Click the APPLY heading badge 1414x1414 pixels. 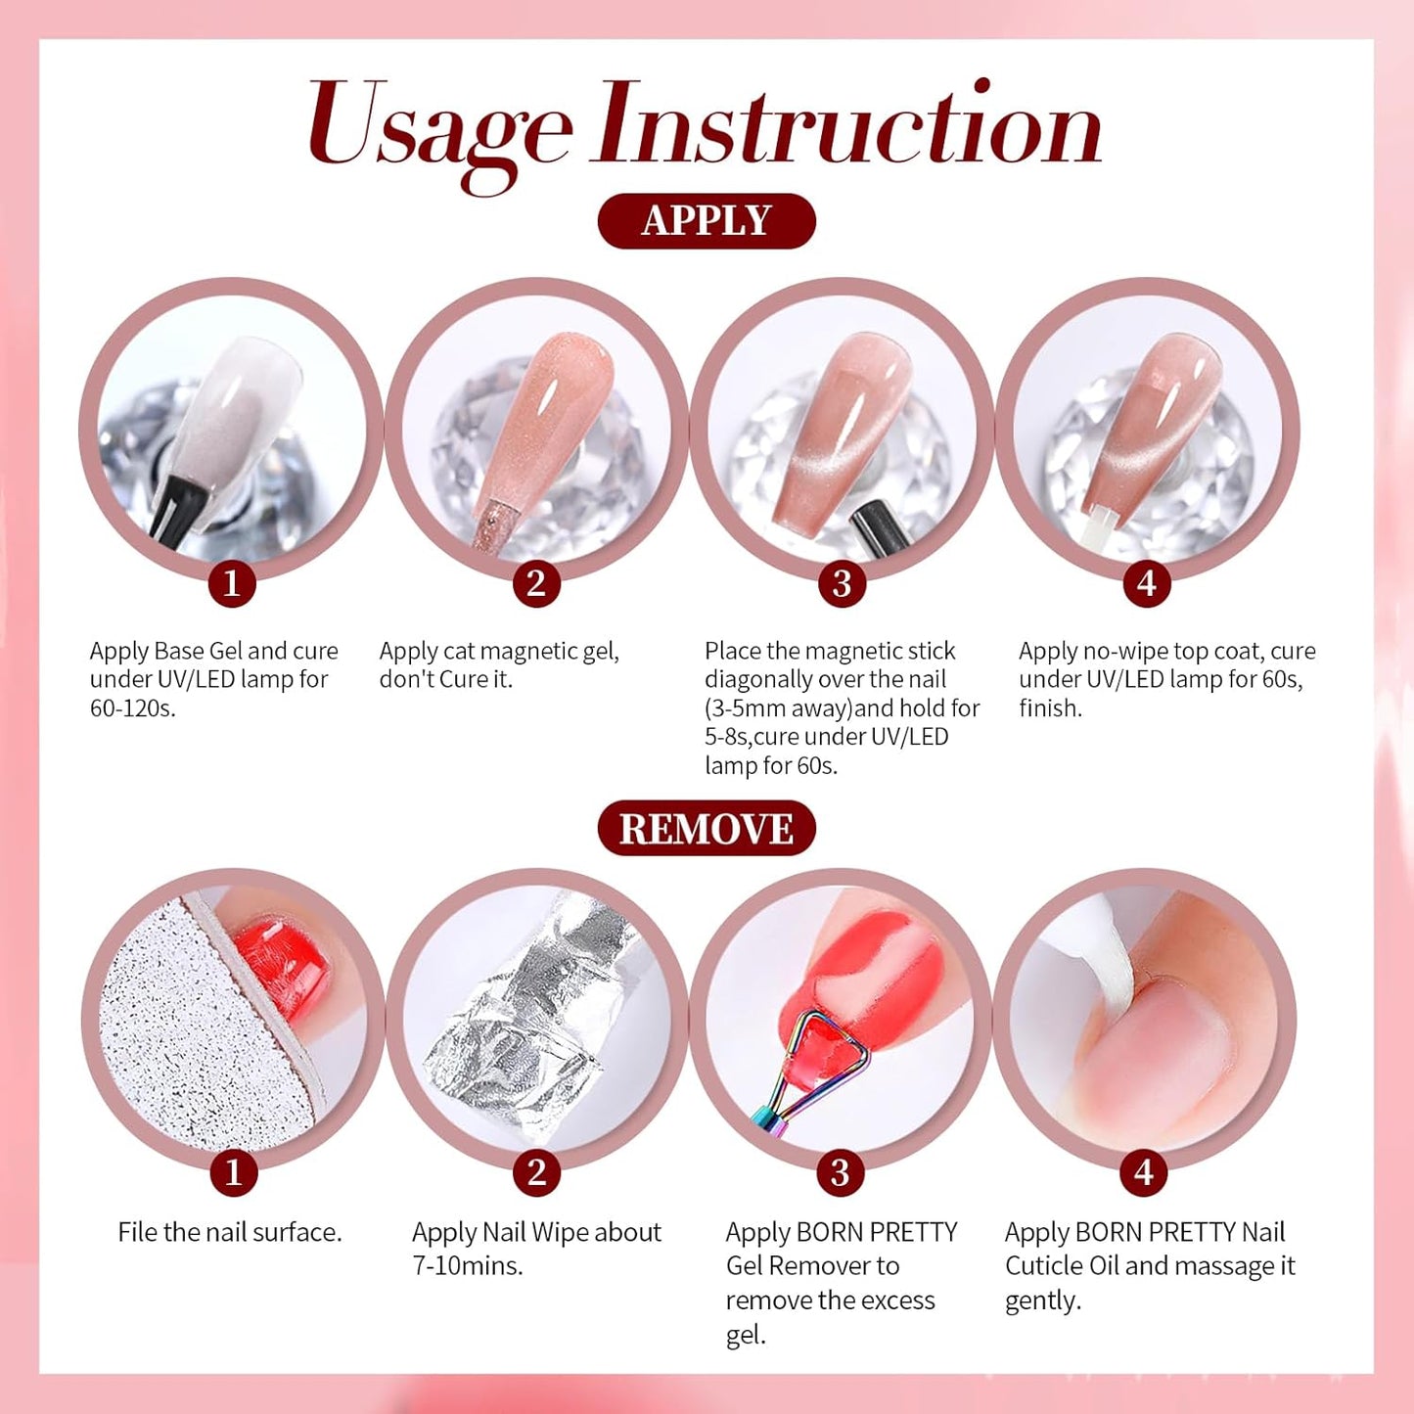tap(706, 221)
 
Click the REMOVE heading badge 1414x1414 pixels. tap(706, 829)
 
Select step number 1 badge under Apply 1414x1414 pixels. tap(232, 583)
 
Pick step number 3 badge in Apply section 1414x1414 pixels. tap(842, 583)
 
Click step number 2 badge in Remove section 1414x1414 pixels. tap(536, 1172)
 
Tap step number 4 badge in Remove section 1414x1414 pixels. tap(1144, 1172)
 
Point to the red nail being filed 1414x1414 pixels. tap(284, 954)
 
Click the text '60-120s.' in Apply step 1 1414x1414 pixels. tap(133, 707)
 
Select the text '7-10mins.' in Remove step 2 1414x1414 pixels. tap(468, 1265)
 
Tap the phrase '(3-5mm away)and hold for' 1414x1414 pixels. tap(842, 707)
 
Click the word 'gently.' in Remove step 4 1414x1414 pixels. tap(1043, 1300)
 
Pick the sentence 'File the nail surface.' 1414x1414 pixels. tap(230, 1232)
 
